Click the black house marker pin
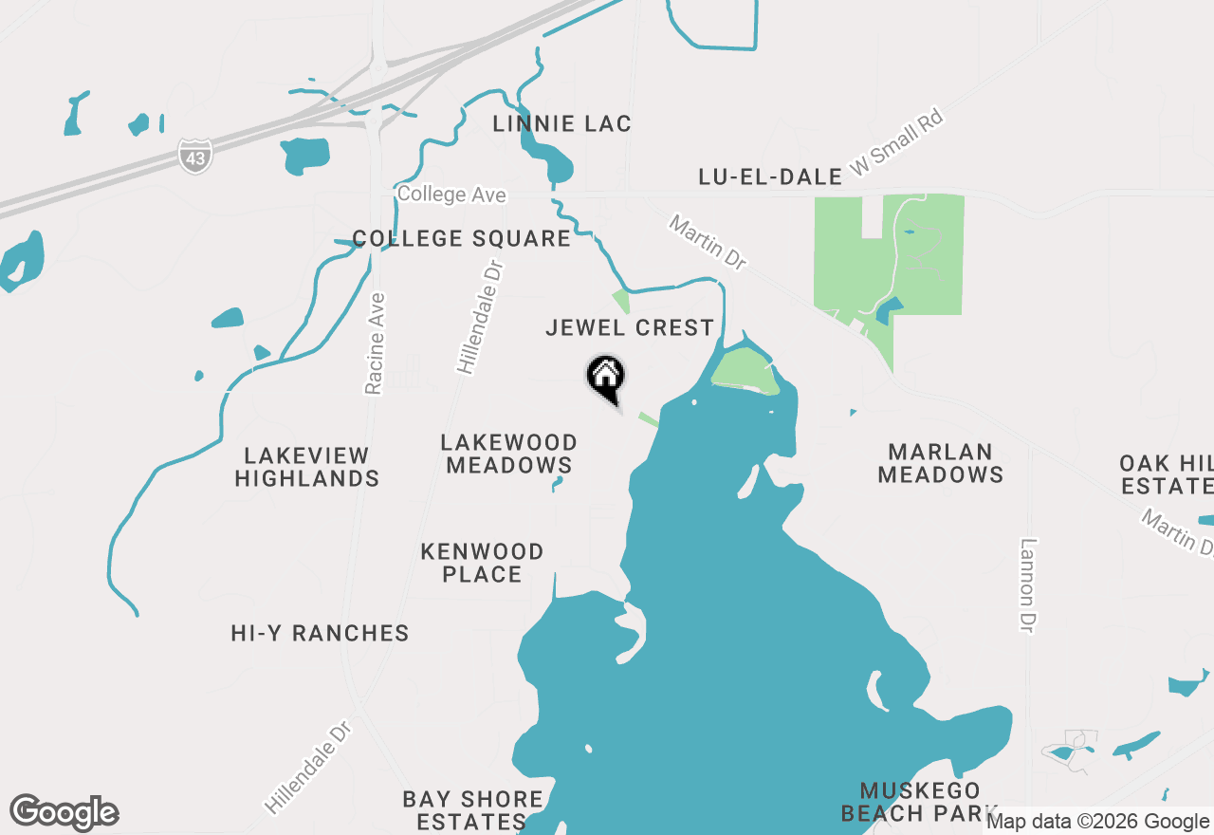(605, 378)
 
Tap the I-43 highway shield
(195, 157)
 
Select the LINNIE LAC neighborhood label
(562, 124)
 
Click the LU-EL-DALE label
(770, 176)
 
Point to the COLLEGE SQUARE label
(462, 238)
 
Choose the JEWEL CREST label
(630, 328)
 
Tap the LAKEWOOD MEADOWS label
(509, 454)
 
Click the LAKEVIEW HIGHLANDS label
(307, 467)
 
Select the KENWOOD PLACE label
(482, 563)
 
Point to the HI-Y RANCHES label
(321, 633)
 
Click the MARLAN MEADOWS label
(941, 463)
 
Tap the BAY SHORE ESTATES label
(472, 810)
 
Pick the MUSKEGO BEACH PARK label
(920, 802)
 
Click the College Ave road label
(451, 195)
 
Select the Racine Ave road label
(376, 343)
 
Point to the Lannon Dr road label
(1029, 586)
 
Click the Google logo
(64, 812)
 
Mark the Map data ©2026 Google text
(1097, 822)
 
